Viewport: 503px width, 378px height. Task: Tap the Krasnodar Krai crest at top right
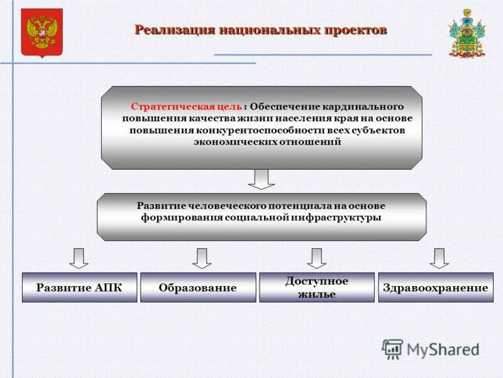(x=467, y=34)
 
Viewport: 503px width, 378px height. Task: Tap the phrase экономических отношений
(x=267, y=142)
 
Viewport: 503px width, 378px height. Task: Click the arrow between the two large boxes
(x=261, y=178)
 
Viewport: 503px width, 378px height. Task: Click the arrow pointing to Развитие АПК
(x=79, y=257)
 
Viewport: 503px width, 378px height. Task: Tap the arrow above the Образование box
(x=202, y=257)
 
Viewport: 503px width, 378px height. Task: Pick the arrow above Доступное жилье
(x=316, y=257)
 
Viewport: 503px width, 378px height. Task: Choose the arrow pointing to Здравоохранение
(x=439, y=257)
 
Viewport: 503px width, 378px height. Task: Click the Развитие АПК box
(x=79, y=287)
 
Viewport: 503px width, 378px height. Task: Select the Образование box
(x=198, y=287)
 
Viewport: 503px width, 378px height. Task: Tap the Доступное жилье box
(x=316, y=287)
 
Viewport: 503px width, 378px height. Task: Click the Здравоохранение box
(x=435, y=287)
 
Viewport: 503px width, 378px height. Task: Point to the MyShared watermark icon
(x=393, y=349)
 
